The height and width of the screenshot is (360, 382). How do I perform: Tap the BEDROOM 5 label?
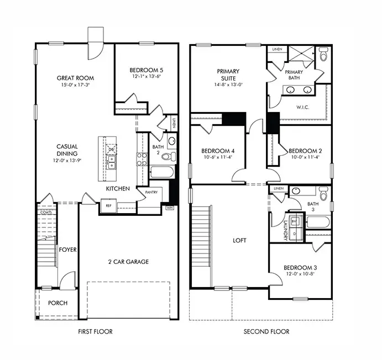(146, 70)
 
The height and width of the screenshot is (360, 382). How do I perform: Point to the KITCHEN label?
(118, 189)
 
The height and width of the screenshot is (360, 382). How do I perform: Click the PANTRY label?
(152, 192)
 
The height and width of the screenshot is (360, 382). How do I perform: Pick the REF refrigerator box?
(109, 205)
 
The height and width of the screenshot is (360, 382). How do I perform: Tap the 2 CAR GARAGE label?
(129, 261)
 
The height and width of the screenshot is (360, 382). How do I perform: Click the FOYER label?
(67, 250)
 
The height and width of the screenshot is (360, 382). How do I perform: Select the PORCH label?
(57, 303)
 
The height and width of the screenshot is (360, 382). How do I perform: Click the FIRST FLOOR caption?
(96, 331)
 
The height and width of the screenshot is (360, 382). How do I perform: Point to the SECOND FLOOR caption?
(266, 331)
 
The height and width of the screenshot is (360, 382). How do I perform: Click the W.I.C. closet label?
(303, 107)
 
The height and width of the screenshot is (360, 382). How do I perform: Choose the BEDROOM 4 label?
(218, 151)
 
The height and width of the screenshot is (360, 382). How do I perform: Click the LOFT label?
(239, 241)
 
